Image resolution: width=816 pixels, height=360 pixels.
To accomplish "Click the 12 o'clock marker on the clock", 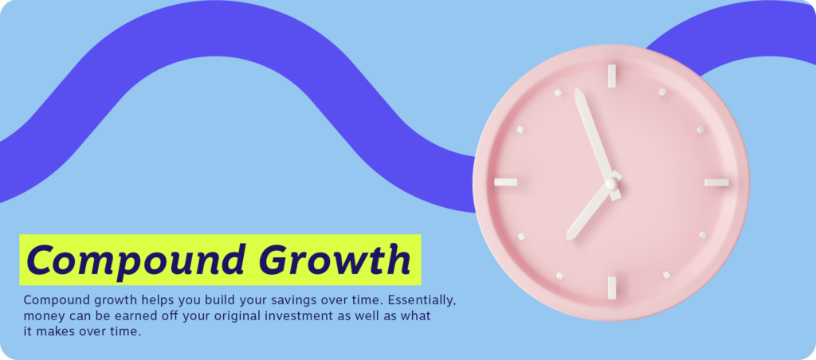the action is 612,76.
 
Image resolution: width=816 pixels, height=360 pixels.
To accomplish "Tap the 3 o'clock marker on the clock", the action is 716,182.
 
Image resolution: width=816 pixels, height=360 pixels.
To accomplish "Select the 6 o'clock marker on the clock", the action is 612,288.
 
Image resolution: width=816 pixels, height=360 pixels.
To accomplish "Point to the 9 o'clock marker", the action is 506,182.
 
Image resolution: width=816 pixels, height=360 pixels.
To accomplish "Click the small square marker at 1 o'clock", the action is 662,92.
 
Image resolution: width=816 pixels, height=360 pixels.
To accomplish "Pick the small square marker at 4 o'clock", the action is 703,235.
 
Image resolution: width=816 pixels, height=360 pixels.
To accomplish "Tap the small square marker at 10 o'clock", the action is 520,129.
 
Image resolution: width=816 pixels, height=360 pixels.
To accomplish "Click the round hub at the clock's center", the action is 612,183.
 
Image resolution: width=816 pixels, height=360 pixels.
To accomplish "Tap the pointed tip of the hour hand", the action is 569,238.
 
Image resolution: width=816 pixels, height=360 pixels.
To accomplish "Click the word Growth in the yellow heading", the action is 335,260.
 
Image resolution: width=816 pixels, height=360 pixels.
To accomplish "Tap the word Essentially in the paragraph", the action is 422,301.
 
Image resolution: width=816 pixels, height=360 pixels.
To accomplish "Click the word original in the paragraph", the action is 239,317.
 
